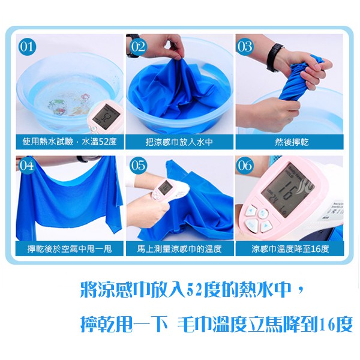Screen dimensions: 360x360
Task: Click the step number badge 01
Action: click(x=27, y=47)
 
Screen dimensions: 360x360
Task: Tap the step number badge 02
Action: click(x=138, y=47)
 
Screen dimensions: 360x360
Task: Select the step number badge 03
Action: click(x=245, y=47)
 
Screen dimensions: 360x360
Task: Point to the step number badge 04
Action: click(x=26, y=166)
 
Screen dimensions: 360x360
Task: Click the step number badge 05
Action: click(x=138, y=166)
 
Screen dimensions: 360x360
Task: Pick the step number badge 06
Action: click(x=245, y=166)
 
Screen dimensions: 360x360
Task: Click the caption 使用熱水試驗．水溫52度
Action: click(x=70, y=142)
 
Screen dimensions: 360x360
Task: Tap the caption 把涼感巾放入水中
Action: click(x=179, y=142)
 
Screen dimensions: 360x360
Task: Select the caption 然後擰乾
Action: click(x=292, y=142)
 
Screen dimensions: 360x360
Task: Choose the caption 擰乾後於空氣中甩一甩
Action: click(x=70, y=248)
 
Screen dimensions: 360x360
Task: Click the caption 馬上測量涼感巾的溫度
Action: click(x=179, y=248)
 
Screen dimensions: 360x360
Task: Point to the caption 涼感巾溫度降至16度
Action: click(x=290, y=248)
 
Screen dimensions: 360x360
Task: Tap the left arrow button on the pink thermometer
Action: click(x=251, y=211)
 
